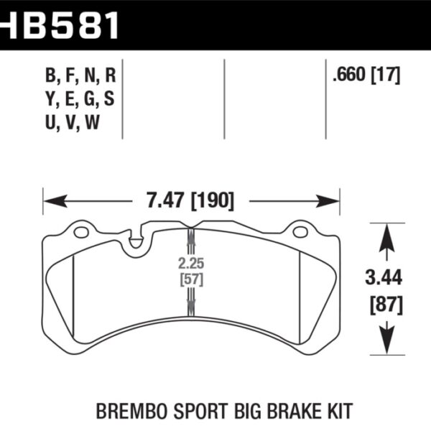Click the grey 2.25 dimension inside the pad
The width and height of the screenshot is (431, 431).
pyautogui.click(x=190, y=263)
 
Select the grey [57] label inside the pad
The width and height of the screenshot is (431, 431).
pyautogui.click(x=190, y=278)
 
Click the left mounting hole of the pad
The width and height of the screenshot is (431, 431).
pyautogui.click(x=81, y=232)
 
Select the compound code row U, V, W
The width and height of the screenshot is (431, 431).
pyautogui.click(x=72, y=122)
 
